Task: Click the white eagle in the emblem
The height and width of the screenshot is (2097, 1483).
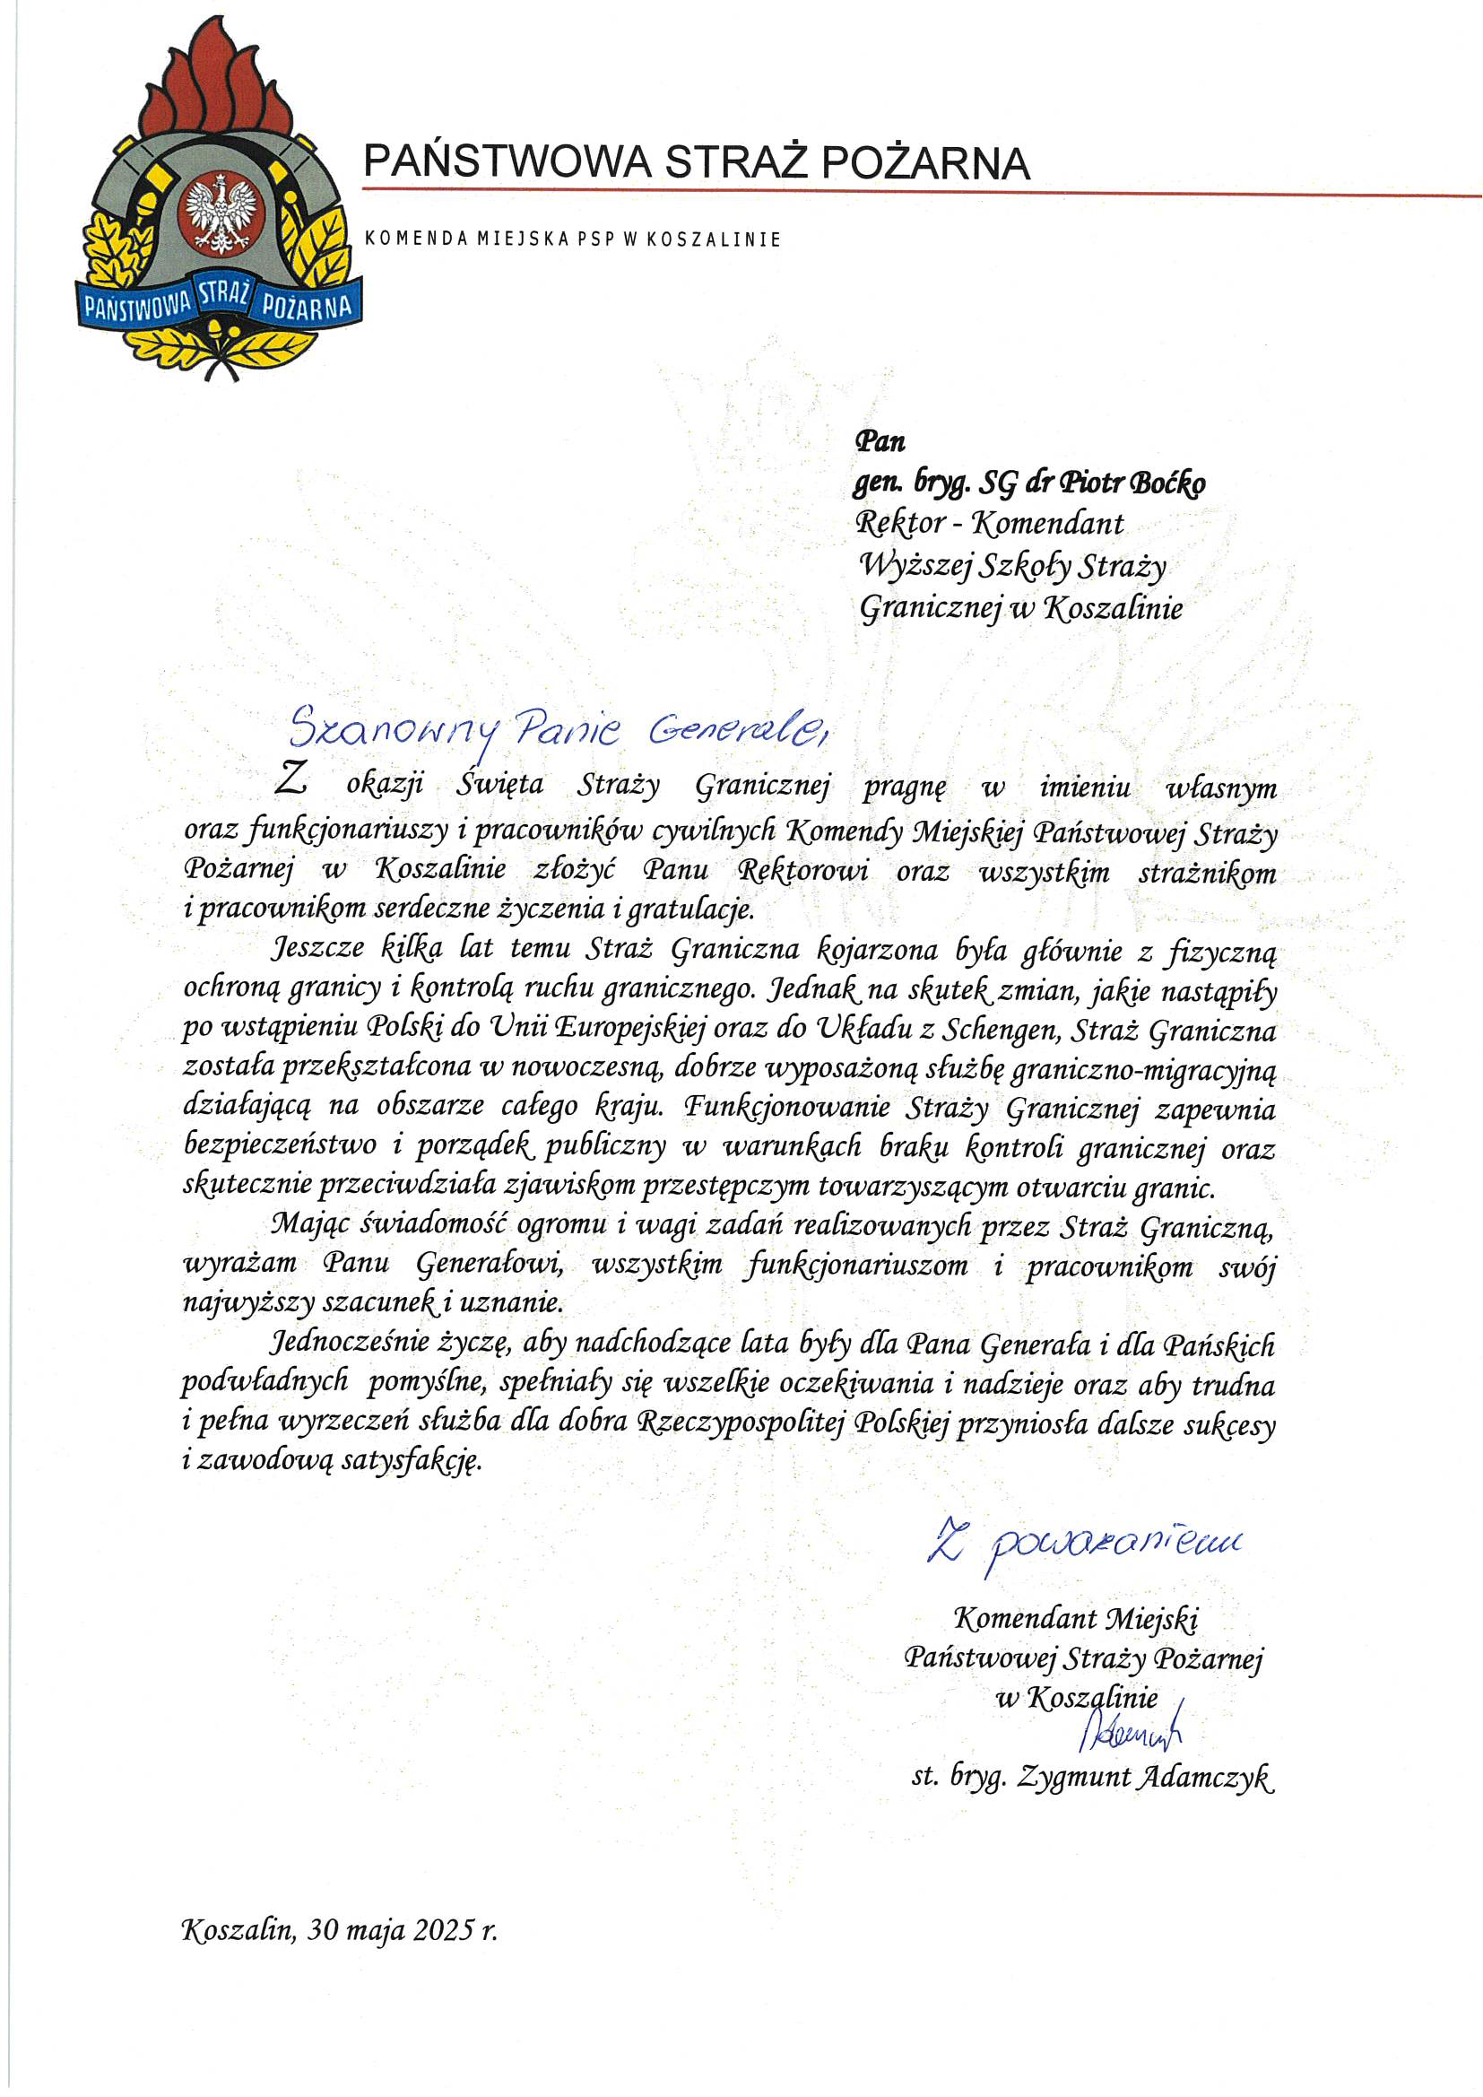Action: pos(219,213)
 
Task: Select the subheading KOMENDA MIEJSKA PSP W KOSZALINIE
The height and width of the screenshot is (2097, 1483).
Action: pos(573,239)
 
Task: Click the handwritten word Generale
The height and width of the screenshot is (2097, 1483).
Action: pos(736,729)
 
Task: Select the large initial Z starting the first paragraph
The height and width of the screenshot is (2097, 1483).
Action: pos(291,779)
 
